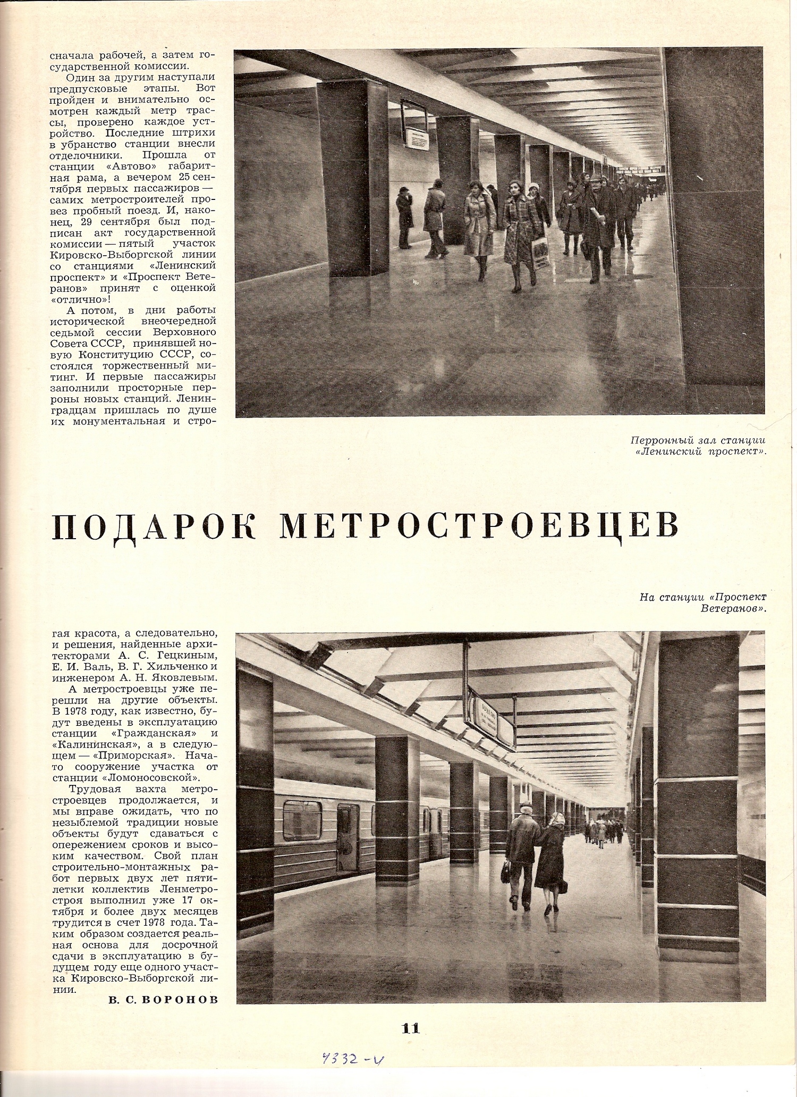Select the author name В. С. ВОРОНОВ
163,1000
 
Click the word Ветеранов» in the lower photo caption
733,608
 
